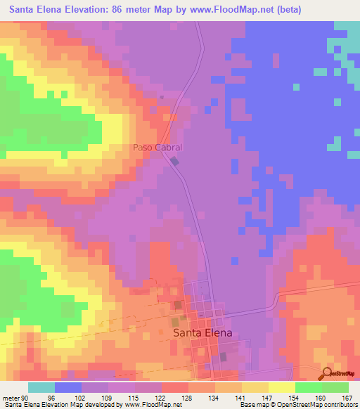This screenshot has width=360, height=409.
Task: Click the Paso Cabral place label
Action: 157,148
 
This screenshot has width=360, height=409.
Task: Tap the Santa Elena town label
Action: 202,335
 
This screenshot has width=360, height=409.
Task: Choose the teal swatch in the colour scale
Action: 41,387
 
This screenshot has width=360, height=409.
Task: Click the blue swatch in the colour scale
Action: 68,387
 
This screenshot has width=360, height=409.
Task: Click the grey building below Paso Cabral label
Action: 175,162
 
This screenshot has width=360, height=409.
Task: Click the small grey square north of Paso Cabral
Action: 162,96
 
